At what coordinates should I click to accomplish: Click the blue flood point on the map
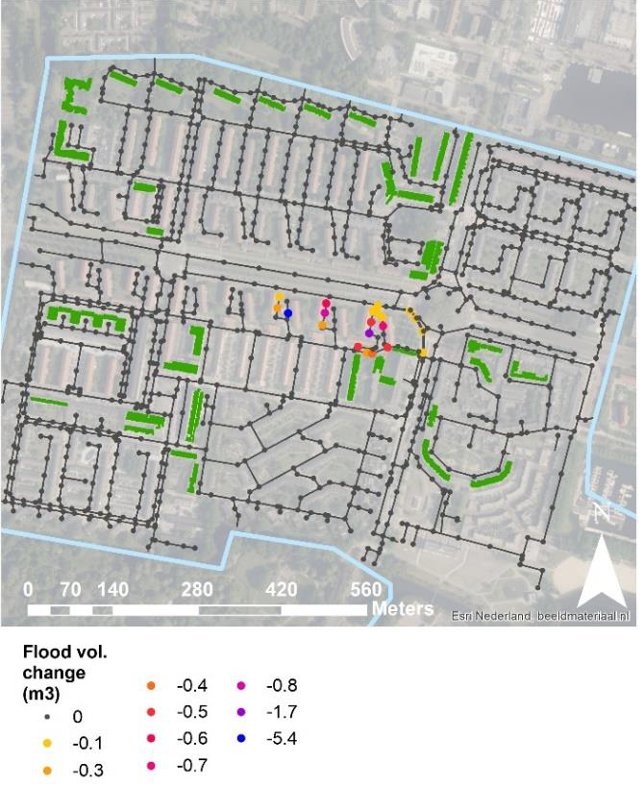click(287, 313)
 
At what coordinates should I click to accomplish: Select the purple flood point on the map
click(369, 333)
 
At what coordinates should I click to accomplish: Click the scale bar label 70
click(69, 589)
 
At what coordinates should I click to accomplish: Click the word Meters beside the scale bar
click(403, 609)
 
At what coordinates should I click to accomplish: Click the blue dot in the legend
click(241, 740)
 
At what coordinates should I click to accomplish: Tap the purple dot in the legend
click(241, 713)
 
